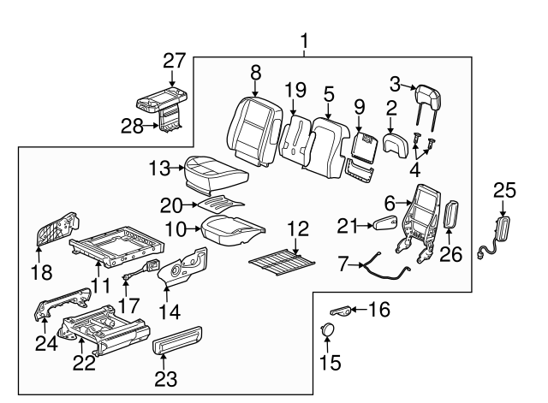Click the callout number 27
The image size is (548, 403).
(174, 61)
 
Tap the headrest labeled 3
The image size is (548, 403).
(425, 100)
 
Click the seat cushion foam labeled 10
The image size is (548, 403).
(230, 227)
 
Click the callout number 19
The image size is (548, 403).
(295, 89)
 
